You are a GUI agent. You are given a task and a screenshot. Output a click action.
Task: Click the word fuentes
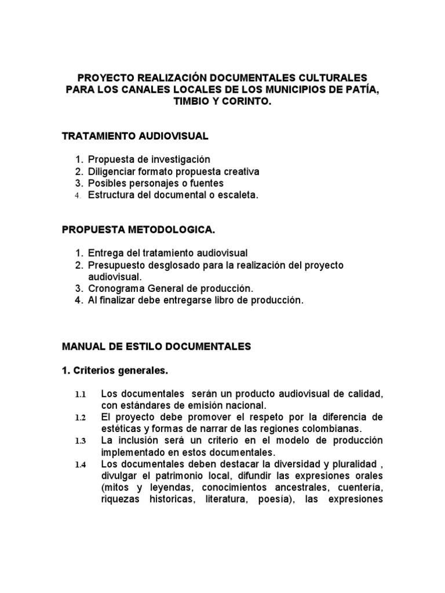coord(205,184)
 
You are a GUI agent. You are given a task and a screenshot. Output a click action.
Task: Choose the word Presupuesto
coord(115,265)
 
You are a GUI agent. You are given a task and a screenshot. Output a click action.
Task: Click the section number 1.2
coord(80,418)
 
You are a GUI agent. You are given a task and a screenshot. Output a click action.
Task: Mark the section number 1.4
coord(80,464)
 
